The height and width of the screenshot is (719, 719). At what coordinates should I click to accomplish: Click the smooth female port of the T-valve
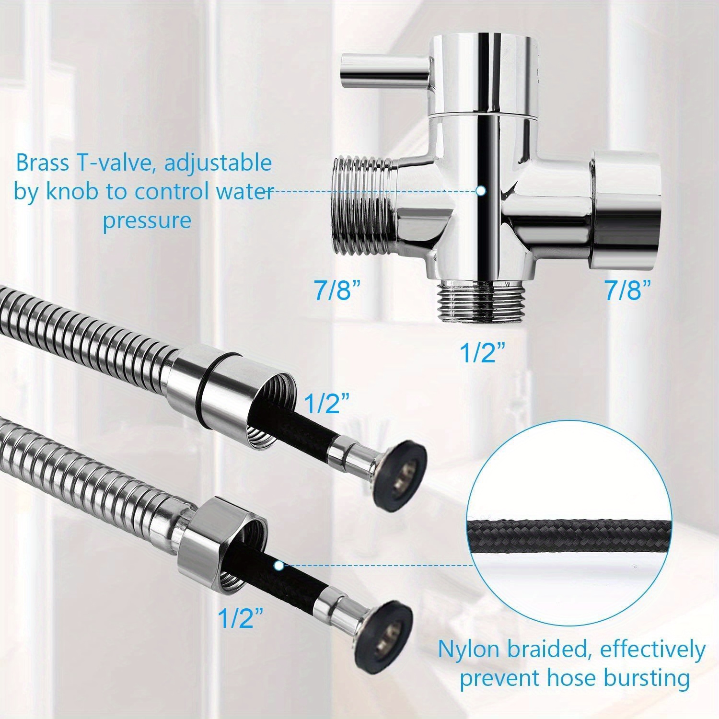click(626, 209)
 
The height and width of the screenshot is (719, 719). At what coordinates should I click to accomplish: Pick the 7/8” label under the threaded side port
click(337, 291)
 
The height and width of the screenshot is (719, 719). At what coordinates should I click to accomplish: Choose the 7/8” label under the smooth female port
click(627, 291)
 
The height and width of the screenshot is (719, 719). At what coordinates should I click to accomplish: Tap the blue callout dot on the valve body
click(481, 191)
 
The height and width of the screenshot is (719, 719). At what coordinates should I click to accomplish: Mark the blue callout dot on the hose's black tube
click(278, 566)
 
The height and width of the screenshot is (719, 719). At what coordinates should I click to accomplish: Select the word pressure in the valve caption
click(147, 220)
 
